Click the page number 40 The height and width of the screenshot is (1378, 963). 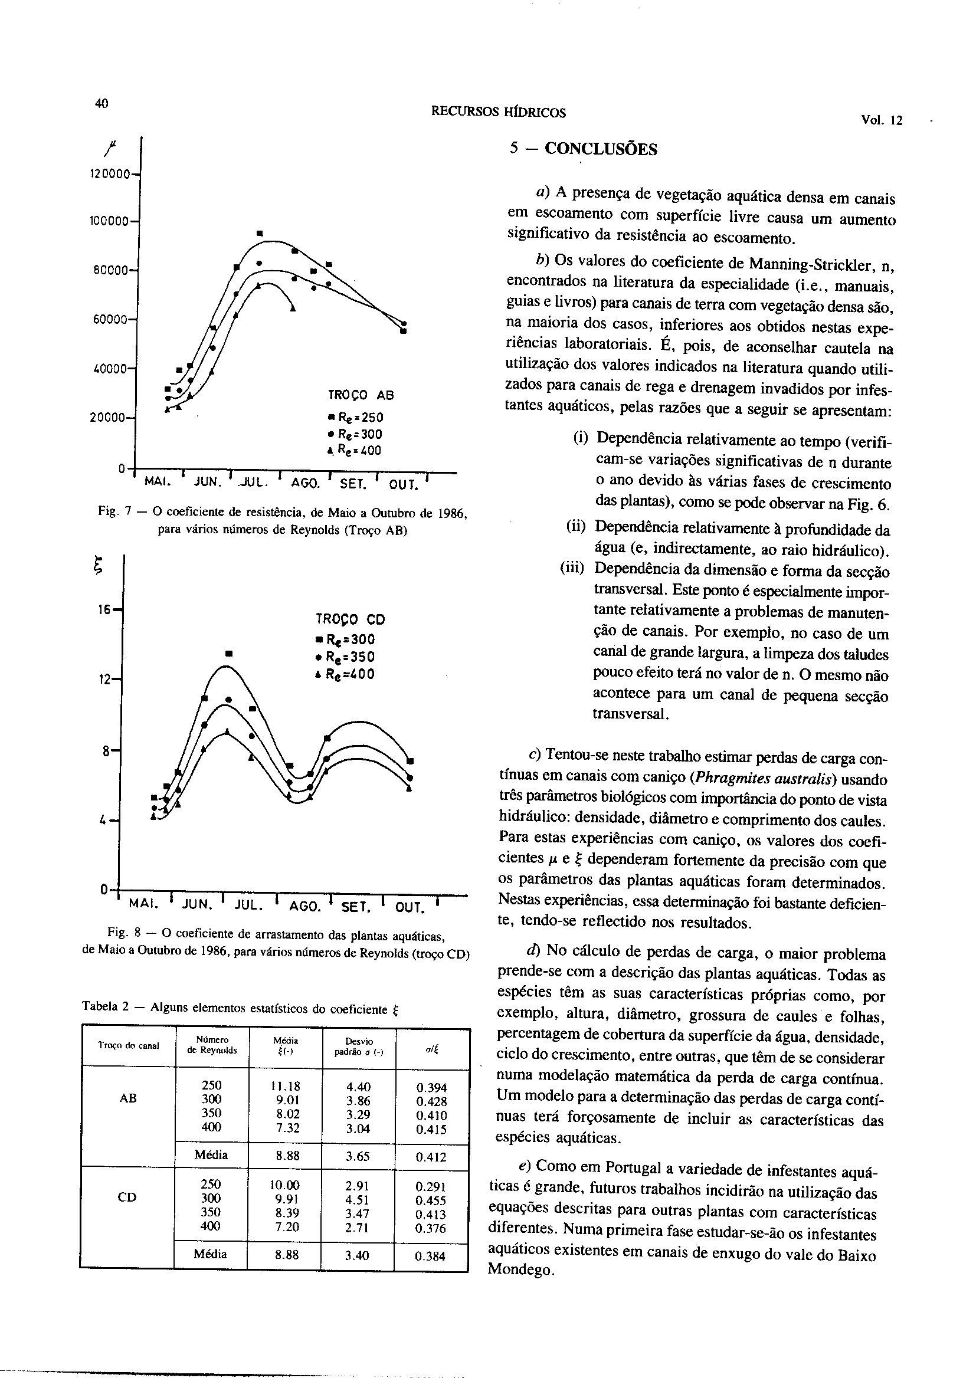[x=101, y=103]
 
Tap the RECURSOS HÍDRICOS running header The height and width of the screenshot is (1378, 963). [x=498, y=113]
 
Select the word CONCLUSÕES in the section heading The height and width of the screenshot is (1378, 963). [x=600, y=149]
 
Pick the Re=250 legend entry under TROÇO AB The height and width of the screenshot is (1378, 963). [x=356, y=417]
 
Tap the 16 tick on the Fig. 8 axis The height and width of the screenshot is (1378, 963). [x=105, y=610]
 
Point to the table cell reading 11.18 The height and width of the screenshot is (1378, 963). [x=285, y=1087]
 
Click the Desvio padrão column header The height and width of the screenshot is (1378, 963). [x=358, y=1046]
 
